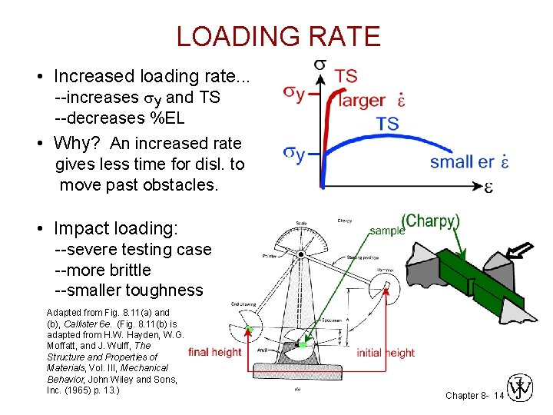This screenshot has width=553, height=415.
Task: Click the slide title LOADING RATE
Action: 278,36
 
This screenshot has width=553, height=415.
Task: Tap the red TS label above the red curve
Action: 346,75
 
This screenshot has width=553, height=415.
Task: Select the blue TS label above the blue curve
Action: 387,124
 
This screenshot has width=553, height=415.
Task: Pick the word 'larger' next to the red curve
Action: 362,100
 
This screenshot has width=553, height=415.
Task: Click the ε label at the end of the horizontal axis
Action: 488,187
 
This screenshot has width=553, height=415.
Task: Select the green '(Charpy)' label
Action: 432,221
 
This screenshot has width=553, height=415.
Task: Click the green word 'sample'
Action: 387,230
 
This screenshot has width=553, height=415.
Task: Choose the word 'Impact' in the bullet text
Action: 79,228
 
